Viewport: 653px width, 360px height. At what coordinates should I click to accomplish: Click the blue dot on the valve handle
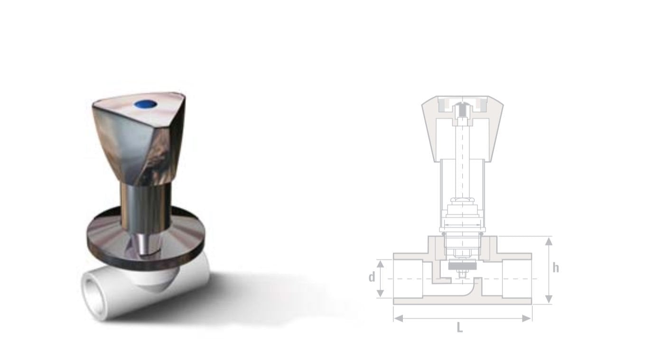pyautogui.click(x=146, y=104)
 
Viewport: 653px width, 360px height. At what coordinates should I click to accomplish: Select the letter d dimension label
pyautogui.click(x=372, y=277)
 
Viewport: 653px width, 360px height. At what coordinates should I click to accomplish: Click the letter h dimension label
pyautogui.click(x=556, y=268)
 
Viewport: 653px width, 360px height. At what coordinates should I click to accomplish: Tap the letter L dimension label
pyautogui.click(x=459, y=328)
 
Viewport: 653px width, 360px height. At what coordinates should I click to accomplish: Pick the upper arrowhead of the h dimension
pyautogui.click(x=549, y=241)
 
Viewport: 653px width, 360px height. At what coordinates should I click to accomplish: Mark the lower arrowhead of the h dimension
pyautogui.click(x=549, y=299)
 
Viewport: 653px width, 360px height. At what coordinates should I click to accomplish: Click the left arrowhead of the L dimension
pyautogui.click(x=399, y=318)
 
